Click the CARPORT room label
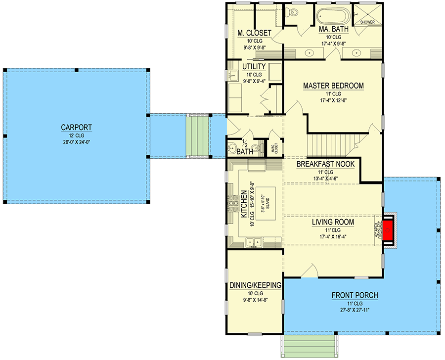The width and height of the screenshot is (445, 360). click(77, 128)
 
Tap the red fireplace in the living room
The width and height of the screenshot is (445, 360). click(389, 229)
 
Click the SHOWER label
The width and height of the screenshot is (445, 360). click(367, 22)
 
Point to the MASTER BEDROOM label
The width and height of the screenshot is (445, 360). click(333, 86)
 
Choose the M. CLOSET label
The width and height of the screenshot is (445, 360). click(254, 33)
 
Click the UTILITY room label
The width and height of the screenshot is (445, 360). click(254, 67)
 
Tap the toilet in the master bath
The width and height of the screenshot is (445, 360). click(293, 13)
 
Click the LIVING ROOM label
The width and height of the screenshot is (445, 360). click(333, 223)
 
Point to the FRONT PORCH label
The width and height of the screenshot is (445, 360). click(355, 296)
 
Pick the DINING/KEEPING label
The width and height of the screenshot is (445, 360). click(256, 285)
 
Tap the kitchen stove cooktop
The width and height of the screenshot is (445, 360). click(233, 203)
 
